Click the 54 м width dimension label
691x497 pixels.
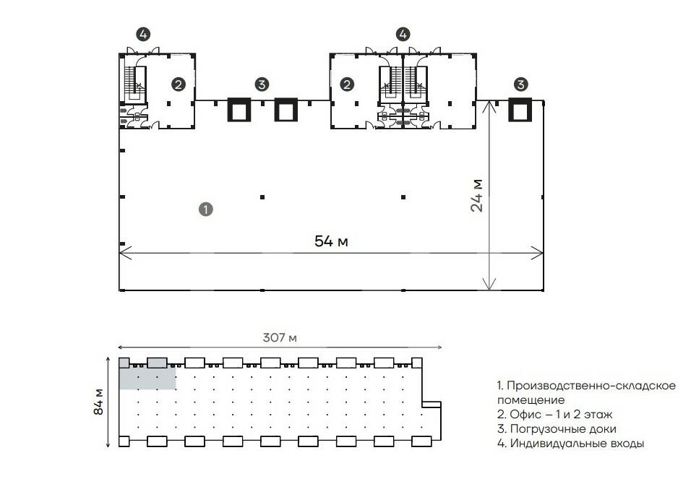[331, 241]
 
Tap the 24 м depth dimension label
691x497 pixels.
[477, 194]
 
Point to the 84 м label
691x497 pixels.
[98, 402]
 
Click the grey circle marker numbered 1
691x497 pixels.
[205, 209]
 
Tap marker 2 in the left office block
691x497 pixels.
[178, 85]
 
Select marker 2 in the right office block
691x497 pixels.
[347, 85]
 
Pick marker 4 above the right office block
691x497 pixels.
[403, 33]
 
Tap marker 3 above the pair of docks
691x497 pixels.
[262, 85]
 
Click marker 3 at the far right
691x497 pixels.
[520, 85]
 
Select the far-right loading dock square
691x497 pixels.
[520, 110]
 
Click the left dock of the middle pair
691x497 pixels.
[239, 110]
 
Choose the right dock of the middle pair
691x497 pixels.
[286, 110]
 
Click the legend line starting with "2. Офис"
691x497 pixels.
[554, 415]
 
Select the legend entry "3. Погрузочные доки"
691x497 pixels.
[558, 429]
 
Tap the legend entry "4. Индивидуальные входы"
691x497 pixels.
[570, 444]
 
